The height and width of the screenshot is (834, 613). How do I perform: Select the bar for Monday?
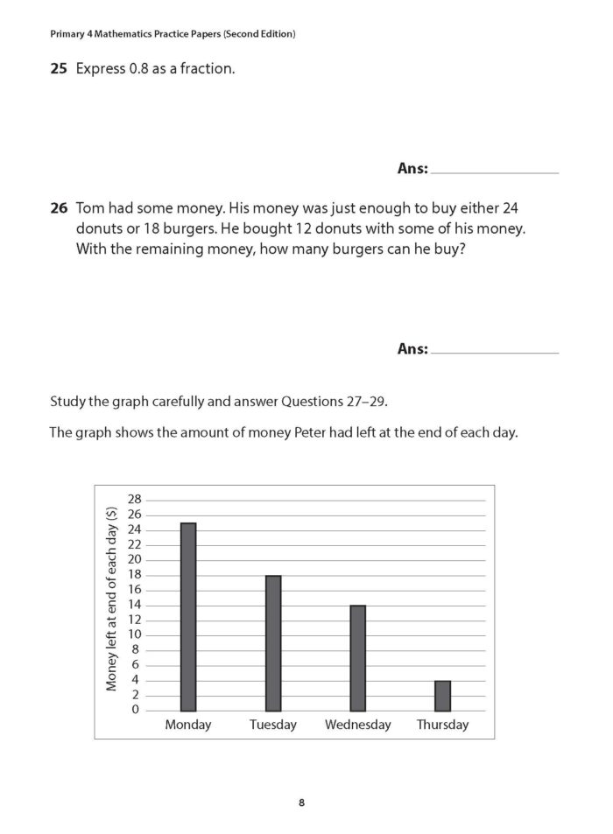click(188, 617)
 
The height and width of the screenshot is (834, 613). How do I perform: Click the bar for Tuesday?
click(273, 643)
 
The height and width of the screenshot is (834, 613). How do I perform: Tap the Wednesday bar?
click(357, 658)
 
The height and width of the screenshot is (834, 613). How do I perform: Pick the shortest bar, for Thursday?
click(442, 696)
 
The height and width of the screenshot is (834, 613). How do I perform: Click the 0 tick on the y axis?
click(136, 710)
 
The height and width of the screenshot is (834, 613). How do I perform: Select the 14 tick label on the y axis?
click(134, 605)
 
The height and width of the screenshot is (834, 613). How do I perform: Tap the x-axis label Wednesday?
click(357, 725)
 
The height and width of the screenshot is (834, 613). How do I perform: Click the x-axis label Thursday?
click(442, 725)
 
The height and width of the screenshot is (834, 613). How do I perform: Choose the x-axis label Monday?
click(188, 725)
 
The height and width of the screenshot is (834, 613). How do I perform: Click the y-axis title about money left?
click(112, 604)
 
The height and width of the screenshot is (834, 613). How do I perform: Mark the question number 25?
click(59, 67)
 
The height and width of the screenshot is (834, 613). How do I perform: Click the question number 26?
click(59, 209)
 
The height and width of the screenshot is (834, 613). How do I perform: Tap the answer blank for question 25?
click(495, 169)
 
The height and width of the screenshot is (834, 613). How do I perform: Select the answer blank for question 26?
click(495, 349)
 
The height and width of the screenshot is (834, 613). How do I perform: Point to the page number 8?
click(301, 802)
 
